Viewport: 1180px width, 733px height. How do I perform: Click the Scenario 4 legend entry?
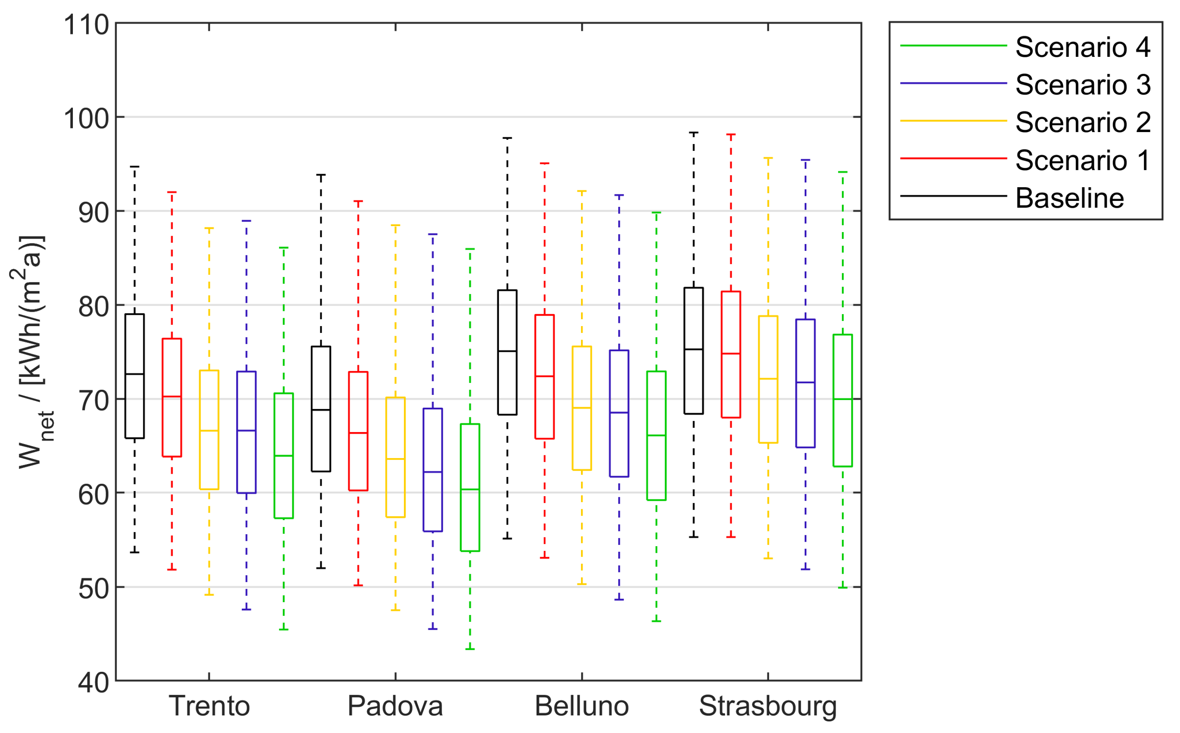pyautogui.click(x=1081, y=47)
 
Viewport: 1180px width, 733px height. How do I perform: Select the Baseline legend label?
pyautogui.click(x=1069, y=198)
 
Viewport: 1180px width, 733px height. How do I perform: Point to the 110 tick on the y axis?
pyautogui.click(x=86, y=24)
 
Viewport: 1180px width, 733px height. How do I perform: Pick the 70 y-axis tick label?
pyautogui.click(x=94, y=401)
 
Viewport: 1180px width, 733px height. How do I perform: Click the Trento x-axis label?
pyautogui.click(x=209, y=706)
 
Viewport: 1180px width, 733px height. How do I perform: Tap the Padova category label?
pyautogui.click(x=395, y=706)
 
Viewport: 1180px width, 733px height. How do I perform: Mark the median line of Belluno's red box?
pyautogui.click(x=544, y=376)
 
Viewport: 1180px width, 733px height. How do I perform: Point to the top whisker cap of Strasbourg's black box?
pyautogui.click(x=693, y=132)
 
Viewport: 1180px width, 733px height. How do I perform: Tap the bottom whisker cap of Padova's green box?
pyautogui.click(x=470, y=649)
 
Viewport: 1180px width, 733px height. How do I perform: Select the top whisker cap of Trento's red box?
pyautogui.click(x=172, y=192)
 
